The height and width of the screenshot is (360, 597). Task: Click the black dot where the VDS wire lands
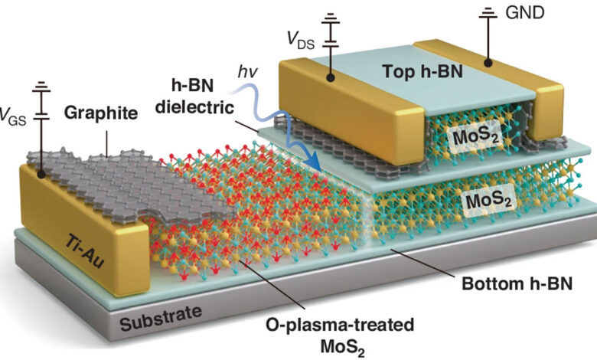(x=331, y=77)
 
